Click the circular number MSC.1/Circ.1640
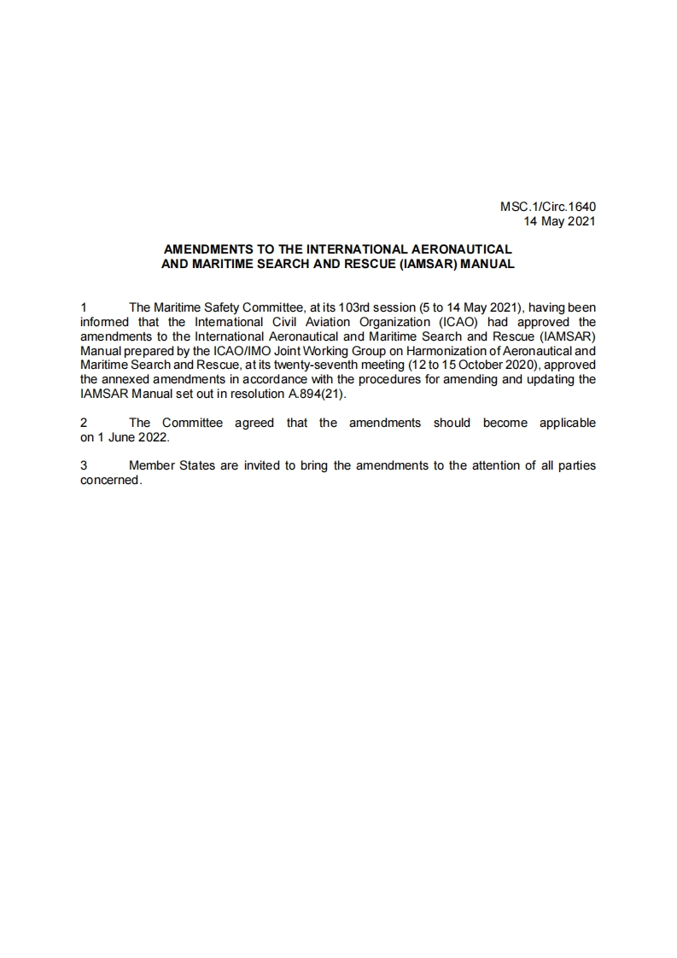click(x=547, y=207)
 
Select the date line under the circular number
click(x=559, y=220)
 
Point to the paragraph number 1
click(x=83, y=307)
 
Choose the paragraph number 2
click(x=83, y=423)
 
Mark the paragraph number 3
click(x=83, y=466)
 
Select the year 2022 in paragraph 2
click(x=154, y=437)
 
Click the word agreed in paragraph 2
click(x=254, y=423)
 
